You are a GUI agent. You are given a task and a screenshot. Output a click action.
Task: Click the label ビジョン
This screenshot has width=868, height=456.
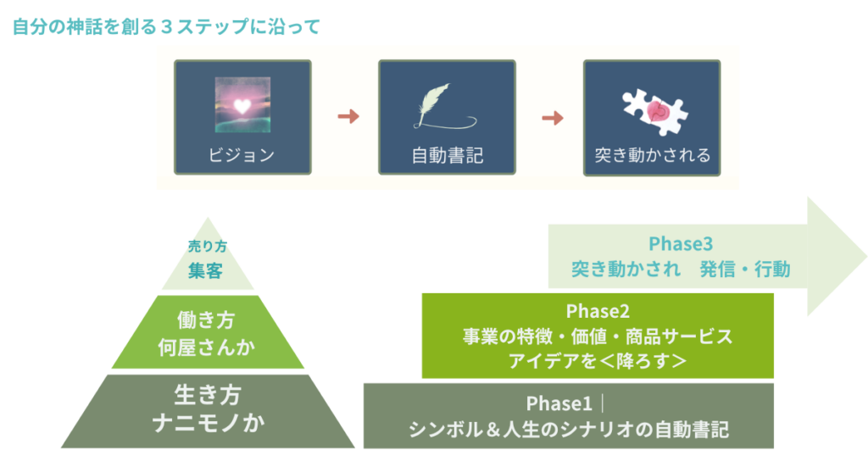point(242,155)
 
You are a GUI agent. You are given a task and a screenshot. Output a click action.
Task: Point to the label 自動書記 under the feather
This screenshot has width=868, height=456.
point(448,156)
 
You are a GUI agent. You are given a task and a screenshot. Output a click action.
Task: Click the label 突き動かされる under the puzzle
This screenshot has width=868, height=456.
point(652,156)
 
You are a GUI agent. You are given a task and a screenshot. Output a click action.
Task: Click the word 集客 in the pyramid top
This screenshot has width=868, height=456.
point(206,271)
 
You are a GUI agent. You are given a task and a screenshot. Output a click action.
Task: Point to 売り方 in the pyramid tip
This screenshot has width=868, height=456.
point(207,248)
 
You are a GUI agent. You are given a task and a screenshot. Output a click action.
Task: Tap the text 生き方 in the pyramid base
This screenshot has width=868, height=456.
point(208,395)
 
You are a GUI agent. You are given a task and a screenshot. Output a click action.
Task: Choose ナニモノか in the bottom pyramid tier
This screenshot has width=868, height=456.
point(208,421)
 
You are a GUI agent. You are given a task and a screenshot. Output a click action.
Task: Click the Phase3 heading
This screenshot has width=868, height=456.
point(681,244)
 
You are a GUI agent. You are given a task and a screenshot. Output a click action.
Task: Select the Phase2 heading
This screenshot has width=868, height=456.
point(598,311)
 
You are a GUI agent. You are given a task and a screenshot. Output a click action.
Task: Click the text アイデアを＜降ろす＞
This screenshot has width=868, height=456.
point(597,360)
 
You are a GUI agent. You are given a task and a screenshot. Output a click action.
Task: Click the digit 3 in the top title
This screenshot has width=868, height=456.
point(166,26)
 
